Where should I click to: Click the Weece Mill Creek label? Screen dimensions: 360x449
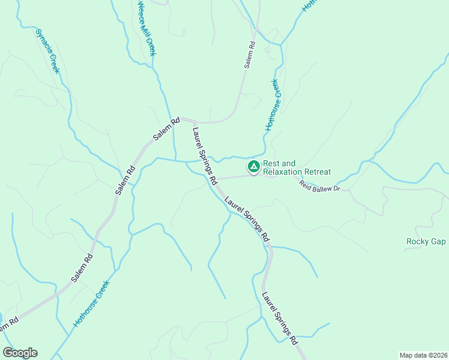(x=147, y=28)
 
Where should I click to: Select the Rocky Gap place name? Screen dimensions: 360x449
(x=426, y=242)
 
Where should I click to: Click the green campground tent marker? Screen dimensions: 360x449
(x=253, y=166)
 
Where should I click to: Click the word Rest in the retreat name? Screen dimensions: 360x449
(x=271, y=163)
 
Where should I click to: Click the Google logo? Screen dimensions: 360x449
(x=20, y=353)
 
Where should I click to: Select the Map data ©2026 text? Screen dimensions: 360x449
(x=423, y=355)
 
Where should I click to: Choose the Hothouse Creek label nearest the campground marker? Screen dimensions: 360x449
(x=273, y=105)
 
